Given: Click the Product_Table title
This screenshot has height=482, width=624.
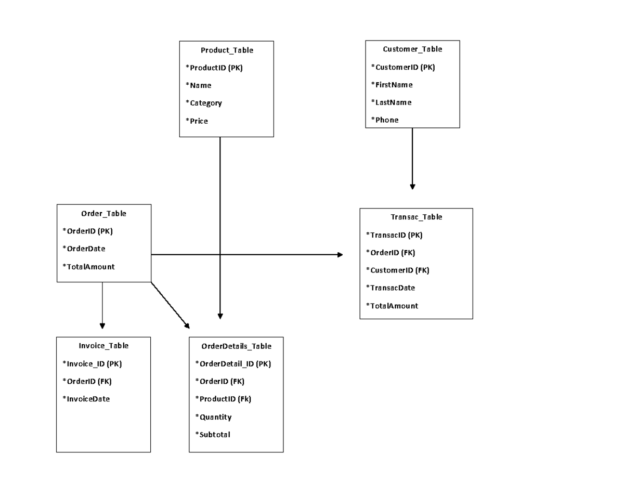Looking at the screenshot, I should [227, 50].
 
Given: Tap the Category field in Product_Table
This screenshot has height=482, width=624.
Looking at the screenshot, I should [204, 103].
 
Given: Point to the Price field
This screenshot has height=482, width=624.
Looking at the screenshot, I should [197, 121].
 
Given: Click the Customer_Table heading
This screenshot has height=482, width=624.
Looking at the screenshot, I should [412, 49].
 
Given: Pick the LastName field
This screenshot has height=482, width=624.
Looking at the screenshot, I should [391, 102].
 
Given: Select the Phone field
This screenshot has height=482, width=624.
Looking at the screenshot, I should [385, 120].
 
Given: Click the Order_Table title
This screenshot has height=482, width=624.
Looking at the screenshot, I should [103, 213].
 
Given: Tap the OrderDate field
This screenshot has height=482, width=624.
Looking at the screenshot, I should [84, 249].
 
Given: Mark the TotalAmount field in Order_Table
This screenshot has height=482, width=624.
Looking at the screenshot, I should [88, 267].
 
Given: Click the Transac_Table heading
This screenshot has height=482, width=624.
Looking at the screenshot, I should [416, 217].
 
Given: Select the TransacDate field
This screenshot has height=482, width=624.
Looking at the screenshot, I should [391, 288].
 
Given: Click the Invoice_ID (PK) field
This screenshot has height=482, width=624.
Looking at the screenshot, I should [92, 363].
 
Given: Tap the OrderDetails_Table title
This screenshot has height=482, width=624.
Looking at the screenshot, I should [236, 346].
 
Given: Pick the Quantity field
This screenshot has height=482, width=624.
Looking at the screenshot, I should [213, 416].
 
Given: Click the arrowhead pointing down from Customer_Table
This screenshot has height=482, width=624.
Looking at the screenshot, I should [412, 186].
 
